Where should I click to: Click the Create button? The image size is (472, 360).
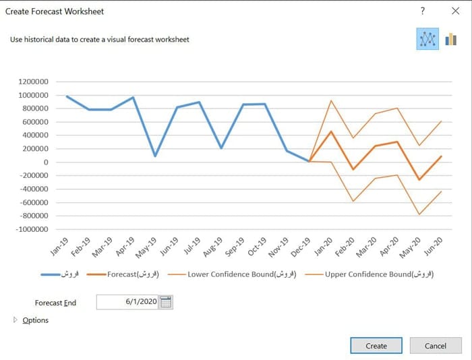click(x=376, y=346)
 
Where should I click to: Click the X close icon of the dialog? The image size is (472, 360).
click(x=455, y=11)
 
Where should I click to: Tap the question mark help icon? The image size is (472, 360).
click(x=423, y=11)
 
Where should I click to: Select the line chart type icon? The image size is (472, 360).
click(x=427, y=39)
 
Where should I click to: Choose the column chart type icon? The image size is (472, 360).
click(x=450, y=39)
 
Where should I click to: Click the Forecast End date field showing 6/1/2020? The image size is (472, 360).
click(x=127, y=302)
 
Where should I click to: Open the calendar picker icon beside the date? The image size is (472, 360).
click(x=166, y=302)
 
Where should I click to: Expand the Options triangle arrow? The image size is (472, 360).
click(x=16, y=320)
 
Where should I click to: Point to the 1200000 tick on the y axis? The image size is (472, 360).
click(x=33, y=82)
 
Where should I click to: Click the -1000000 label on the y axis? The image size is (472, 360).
click(x=32, y=229)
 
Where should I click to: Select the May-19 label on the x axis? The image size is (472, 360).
click(x=146, y=247)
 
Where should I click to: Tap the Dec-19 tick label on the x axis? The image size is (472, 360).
click(x=301, y=247)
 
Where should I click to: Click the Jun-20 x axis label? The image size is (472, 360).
click(x=434, y=246)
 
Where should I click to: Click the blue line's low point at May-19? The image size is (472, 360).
click(x=155, y=156)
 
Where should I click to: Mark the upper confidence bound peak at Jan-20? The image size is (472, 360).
click(x=331, y=100)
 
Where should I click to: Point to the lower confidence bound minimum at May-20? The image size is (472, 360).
click(x=419, y=214)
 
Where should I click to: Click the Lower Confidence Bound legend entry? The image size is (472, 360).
click(x=232, y=274)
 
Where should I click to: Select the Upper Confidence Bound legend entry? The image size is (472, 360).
click(x=369, y=274)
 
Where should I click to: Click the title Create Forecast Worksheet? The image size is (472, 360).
click(x=55, y=11)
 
